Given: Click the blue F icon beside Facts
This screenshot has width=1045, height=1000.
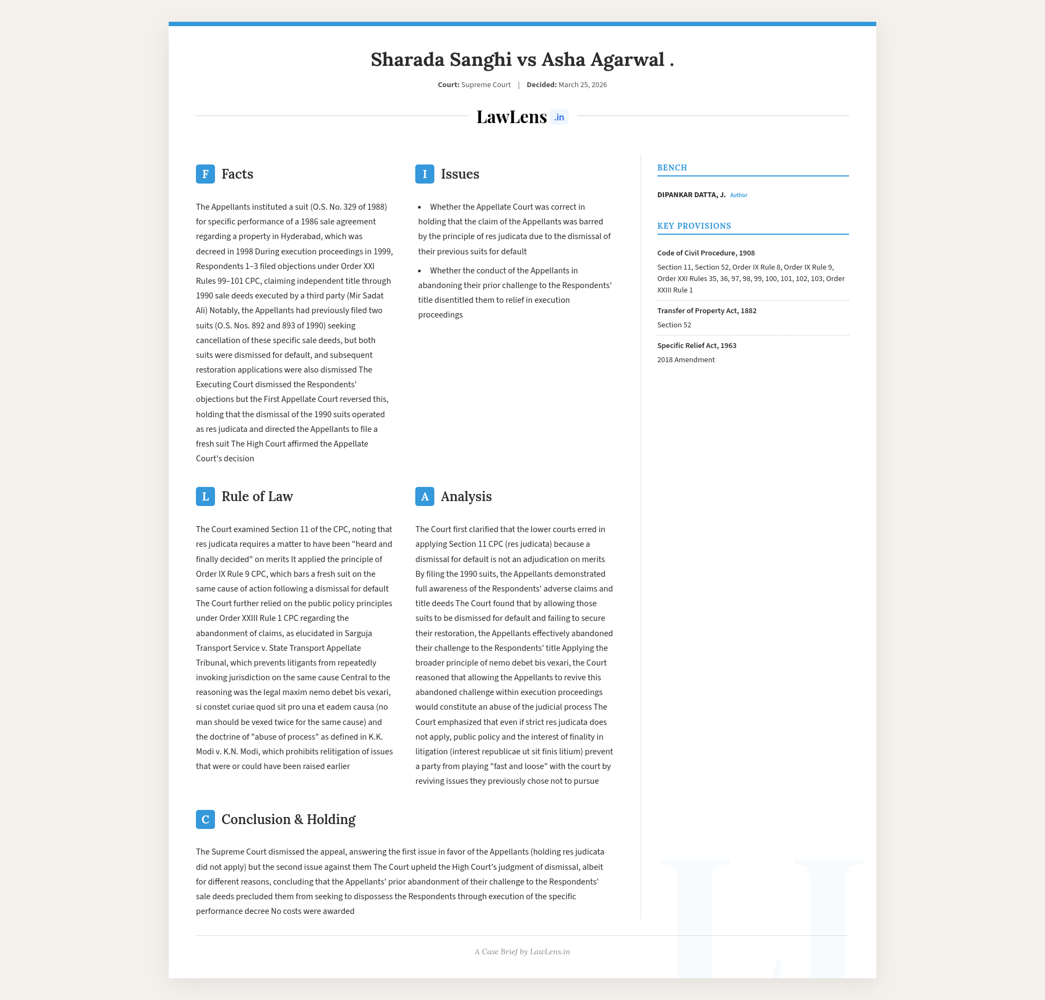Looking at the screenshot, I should click(x=205, y=174).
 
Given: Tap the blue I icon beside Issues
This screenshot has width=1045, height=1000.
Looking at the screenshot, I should click(x=425, y=174).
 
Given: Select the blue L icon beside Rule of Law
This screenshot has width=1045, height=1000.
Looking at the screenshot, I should click(x=205, y=497).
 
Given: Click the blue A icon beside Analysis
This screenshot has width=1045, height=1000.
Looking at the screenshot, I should click(x=425, y=497).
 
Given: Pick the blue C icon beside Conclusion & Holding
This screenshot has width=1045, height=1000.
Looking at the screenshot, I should click(x=205, y=820).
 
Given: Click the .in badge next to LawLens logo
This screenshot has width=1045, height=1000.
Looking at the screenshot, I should click(x=559, y=118).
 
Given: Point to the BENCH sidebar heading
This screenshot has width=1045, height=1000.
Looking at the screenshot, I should click(x=672, y=168).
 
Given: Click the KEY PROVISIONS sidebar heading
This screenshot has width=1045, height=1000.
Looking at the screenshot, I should click(x=694, y=226).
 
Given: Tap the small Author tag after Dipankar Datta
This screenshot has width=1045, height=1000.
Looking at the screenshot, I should click(x=739, y=196).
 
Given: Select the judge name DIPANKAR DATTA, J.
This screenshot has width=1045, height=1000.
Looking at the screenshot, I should click(x=691, y=195).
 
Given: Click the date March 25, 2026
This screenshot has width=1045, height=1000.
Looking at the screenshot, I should click(x=582, y=85).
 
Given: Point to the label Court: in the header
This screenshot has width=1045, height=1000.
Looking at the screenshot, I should click(x=448, y=85).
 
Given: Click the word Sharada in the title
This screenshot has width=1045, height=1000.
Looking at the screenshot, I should click(x=407, y=60).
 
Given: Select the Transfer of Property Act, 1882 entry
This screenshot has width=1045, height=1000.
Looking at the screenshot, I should click(x=706, y=311).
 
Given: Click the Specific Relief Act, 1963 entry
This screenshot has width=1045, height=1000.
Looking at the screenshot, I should click(x=697, y=346).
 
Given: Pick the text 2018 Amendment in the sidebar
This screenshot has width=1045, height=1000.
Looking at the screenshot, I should click(x=686, y=360).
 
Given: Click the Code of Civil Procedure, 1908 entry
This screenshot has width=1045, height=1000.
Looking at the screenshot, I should click(x=706, y=253).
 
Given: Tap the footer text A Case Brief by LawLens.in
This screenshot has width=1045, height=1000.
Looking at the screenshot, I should click(x=522, y=952).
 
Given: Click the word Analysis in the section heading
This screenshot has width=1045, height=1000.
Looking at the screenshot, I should click(x=466, y=497).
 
